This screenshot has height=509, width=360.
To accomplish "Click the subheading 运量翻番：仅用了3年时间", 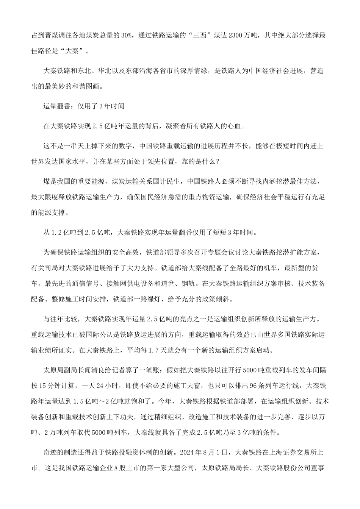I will (84, 106).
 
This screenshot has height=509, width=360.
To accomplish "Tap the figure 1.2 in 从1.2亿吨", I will (56, 232).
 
